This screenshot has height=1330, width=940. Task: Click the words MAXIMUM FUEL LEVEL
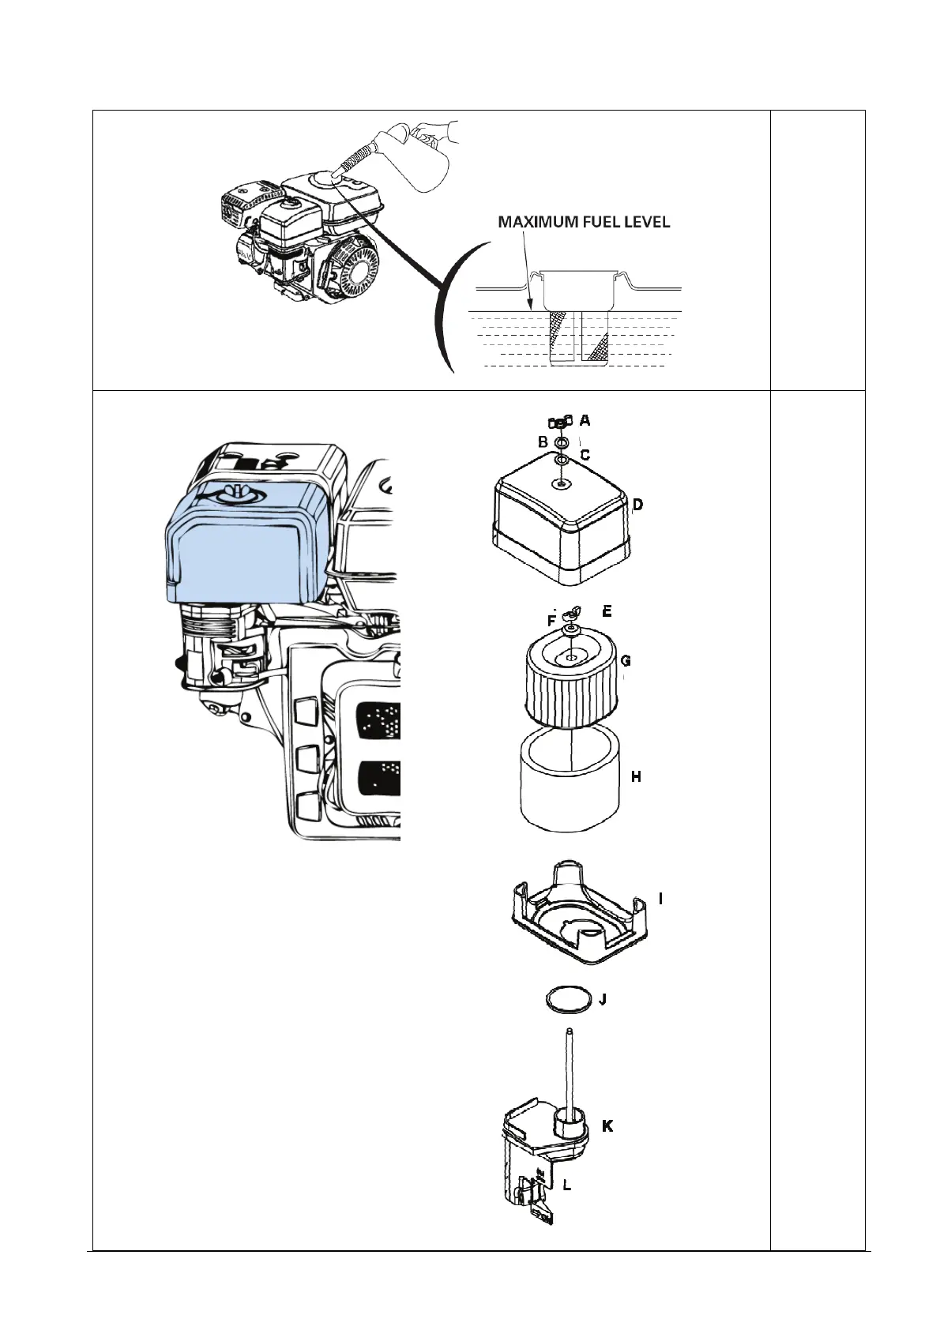[584, 223]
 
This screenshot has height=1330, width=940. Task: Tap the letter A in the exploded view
[585, 420]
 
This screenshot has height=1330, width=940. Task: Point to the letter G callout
[626, 659]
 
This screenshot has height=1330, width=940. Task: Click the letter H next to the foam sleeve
[636, 777]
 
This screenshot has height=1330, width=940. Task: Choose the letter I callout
[660, 899]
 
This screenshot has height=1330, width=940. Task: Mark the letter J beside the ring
[603, 1000]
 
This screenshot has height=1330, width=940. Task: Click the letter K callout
[607, 1126]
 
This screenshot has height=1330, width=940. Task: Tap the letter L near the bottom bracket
[566, 1185]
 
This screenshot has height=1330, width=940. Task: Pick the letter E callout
[607, 611]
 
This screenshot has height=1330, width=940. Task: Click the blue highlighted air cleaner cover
[245, 545]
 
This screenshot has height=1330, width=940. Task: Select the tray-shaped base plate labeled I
[577, 916]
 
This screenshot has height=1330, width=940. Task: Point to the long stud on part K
[569, 1066]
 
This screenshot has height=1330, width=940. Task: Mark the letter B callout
[543, 441]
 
